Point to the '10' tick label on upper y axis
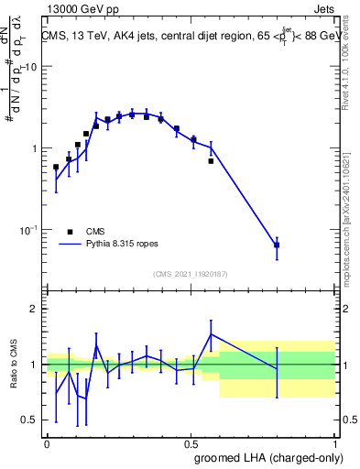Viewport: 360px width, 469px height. [29, 68]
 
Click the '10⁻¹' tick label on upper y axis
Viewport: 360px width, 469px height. [27, 229]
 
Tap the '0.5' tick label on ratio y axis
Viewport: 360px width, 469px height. [30, 420]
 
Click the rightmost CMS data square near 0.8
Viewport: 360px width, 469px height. [277, 245]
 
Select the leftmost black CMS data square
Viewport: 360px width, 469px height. [56, 168]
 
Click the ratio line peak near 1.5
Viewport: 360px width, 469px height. [212, 334]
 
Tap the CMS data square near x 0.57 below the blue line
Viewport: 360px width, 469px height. [211, 161]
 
